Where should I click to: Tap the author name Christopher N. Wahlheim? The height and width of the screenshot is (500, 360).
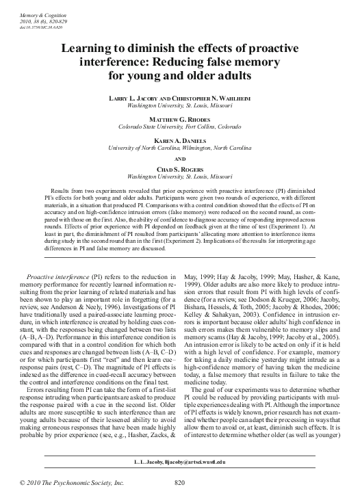point(214,99)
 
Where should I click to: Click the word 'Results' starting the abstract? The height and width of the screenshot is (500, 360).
point(63,187)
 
